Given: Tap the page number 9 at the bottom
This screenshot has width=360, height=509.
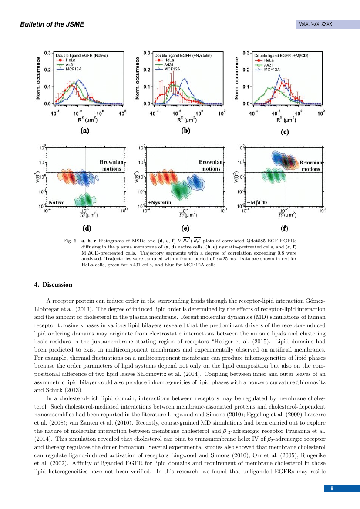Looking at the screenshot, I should (332, 489).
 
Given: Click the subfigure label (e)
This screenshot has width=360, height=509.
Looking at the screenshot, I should (184, 227).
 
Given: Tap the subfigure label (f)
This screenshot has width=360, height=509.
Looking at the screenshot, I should (284, 227).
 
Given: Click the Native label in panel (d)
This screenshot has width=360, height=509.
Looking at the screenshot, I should (57, 203).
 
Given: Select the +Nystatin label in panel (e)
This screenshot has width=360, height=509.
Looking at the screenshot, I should (159, 203).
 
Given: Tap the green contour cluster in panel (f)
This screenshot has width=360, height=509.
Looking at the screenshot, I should (273, 176).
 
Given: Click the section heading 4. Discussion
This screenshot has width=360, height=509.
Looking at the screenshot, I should (53, 285).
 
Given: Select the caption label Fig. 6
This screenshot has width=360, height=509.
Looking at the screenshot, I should (69, 240).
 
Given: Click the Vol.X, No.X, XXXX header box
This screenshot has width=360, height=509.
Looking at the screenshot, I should (316, 24).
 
